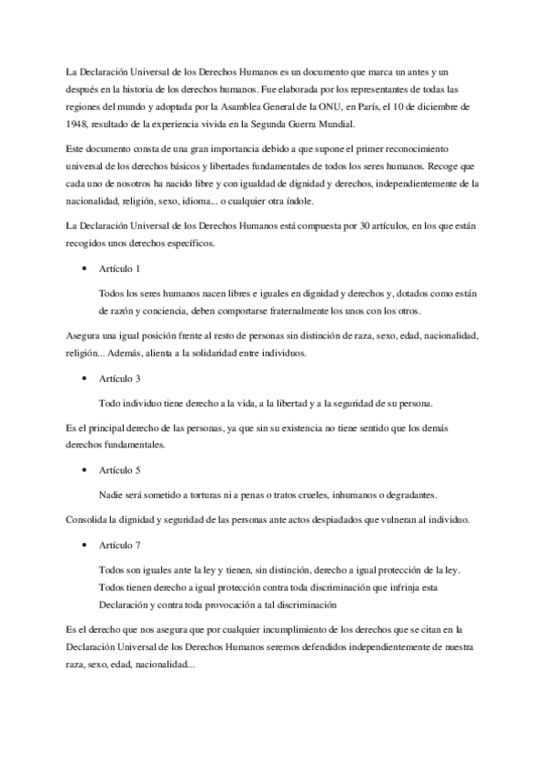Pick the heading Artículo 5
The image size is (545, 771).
coord(120,470)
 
